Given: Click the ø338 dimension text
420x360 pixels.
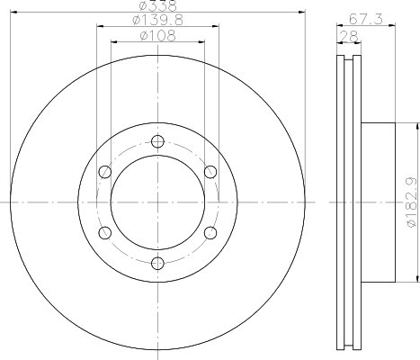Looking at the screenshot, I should [157, 6].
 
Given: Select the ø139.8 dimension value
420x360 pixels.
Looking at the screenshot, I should [157, 22].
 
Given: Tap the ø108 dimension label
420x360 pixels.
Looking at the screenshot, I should [157, 37].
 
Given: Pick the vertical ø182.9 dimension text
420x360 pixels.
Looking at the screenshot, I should [410, 202].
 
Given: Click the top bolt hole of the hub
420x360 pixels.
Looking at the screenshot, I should [158, 140].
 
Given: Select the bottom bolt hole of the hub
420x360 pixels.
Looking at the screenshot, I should [158, 264].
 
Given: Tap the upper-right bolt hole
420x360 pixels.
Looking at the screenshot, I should [210, 172].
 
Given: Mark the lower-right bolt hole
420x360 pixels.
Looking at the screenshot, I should [210, 233].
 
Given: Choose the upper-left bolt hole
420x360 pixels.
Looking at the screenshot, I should [105, 172].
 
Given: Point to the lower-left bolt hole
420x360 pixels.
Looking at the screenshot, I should [105, 233].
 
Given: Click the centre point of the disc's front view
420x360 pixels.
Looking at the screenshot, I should [158, 202].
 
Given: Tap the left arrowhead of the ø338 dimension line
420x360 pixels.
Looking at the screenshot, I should [12, 13].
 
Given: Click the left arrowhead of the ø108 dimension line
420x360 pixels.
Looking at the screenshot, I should [112, 44].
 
